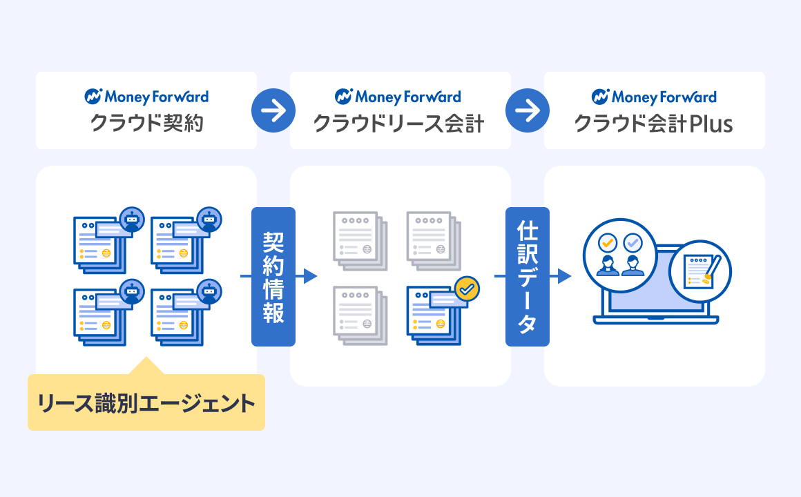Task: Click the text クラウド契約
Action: point(146,124)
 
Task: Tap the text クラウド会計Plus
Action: point(653,124)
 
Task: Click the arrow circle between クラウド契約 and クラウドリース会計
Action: point(273,110)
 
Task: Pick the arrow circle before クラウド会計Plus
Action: point(528,110)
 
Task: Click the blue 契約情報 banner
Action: point(273,276)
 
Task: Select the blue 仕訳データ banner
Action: point(528,276)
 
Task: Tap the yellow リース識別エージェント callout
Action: point(146,402)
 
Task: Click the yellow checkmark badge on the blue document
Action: point(467,289)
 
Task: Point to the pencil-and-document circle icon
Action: point(699,271)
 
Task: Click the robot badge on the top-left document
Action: point(131,220)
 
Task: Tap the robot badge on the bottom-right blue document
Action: point(209,292)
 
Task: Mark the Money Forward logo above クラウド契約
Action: point(146,97)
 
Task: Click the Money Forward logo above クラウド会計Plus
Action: point(654,97)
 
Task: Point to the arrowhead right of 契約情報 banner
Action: point(310,276)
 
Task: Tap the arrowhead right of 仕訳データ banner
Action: point(564,276)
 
